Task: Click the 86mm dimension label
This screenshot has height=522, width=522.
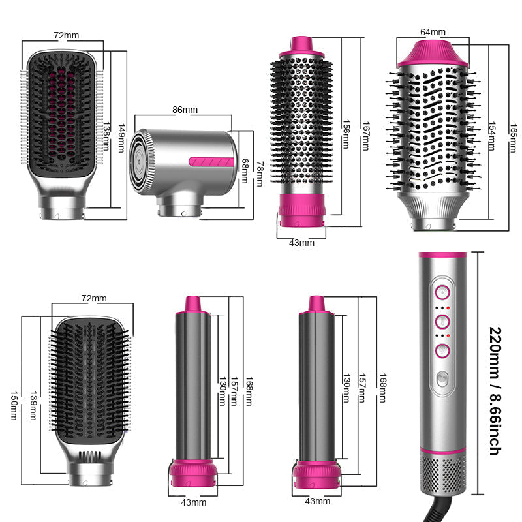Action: coord(185,110)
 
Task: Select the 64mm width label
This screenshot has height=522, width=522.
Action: coord(433,31)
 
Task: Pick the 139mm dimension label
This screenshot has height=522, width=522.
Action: coord(31,405)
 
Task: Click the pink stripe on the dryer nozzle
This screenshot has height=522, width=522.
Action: coord(211,161)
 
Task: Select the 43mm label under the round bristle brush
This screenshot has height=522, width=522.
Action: coord(301,243)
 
